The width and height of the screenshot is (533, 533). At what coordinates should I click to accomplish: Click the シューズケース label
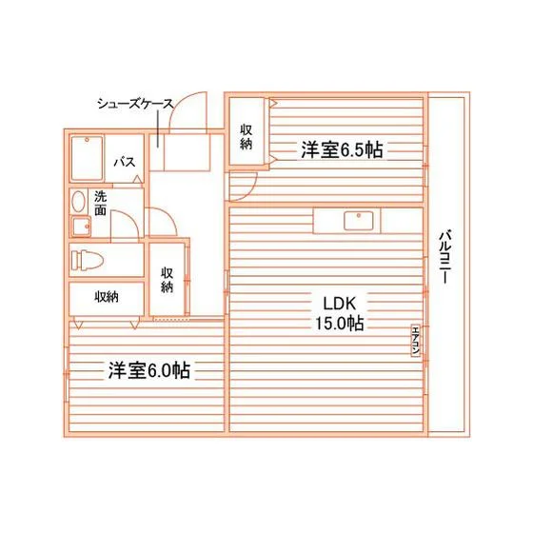pos(135,104)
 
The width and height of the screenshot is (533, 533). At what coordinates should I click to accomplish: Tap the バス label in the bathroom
pos(125,162)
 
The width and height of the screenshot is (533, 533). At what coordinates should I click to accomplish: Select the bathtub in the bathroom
pos(87,158)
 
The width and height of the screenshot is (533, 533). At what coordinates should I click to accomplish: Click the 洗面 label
pos(100,204)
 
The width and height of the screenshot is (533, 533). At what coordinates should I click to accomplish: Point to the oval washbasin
pos(79,202)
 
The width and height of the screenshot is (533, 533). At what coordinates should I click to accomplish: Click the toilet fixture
pos(87,261)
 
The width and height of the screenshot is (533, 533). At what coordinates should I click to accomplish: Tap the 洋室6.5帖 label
pos(342,150)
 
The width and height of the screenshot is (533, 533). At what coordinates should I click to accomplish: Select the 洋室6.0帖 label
pos(148,370)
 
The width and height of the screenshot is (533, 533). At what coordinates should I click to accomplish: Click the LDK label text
pos(339,304)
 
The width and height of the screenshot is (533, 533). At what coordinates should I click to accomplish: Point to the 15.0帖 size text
pos(340,324)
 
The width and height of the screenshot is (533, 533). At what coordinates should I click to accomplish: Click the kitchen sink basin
pos(358,221)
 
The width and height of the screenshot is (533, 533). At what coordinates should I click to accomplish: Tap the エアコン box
pos(415,342)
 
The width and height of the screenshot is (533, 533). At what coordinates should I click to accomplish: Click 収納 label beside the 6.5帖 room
pos(247,137)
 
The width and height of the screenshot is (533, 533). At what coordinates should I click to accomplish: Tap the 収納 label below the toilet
pos(107,297)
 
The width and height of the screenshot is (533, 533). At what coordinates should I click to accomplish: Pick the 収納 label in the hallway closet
pos(167,280)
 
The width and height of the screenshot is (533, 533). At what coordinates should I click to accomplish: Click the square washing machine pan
pos(81,227)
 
